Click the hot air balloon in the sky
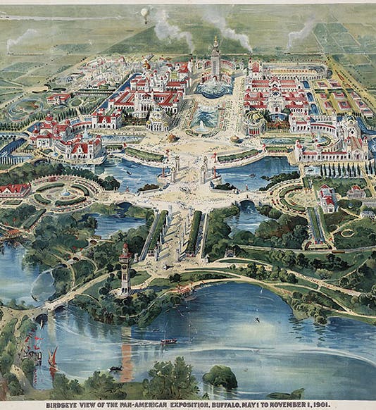[x=144, y=12]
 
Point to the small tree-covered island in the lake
[x=220, y=376]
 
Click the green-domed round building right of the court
[x=254, y=123]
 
